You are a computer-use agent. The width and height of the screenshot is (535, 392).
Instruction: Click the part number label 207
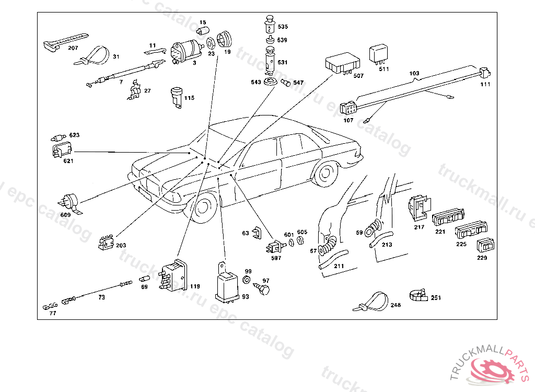(73, 48)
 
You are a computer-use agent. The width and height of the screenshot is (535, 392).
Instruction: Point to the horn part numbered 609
(69, 202)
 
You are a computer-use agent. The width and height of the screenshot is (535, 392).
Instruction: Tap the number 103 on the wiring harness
(414, 74)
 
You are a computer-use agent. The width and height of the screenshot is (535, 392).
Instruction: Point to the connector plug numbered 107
(348, 109)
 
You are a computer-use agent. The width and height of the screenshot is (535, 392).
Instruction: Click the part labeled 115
(176, 98)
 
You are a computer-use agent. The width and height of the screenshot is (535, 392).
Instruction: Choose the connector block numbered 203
(107, 243)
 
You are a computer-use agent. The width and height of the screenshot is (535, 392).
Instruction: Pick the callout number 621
(68, 161)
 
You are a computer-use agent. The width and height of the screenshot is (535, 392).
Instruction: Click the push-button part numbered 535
(270, 24)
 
